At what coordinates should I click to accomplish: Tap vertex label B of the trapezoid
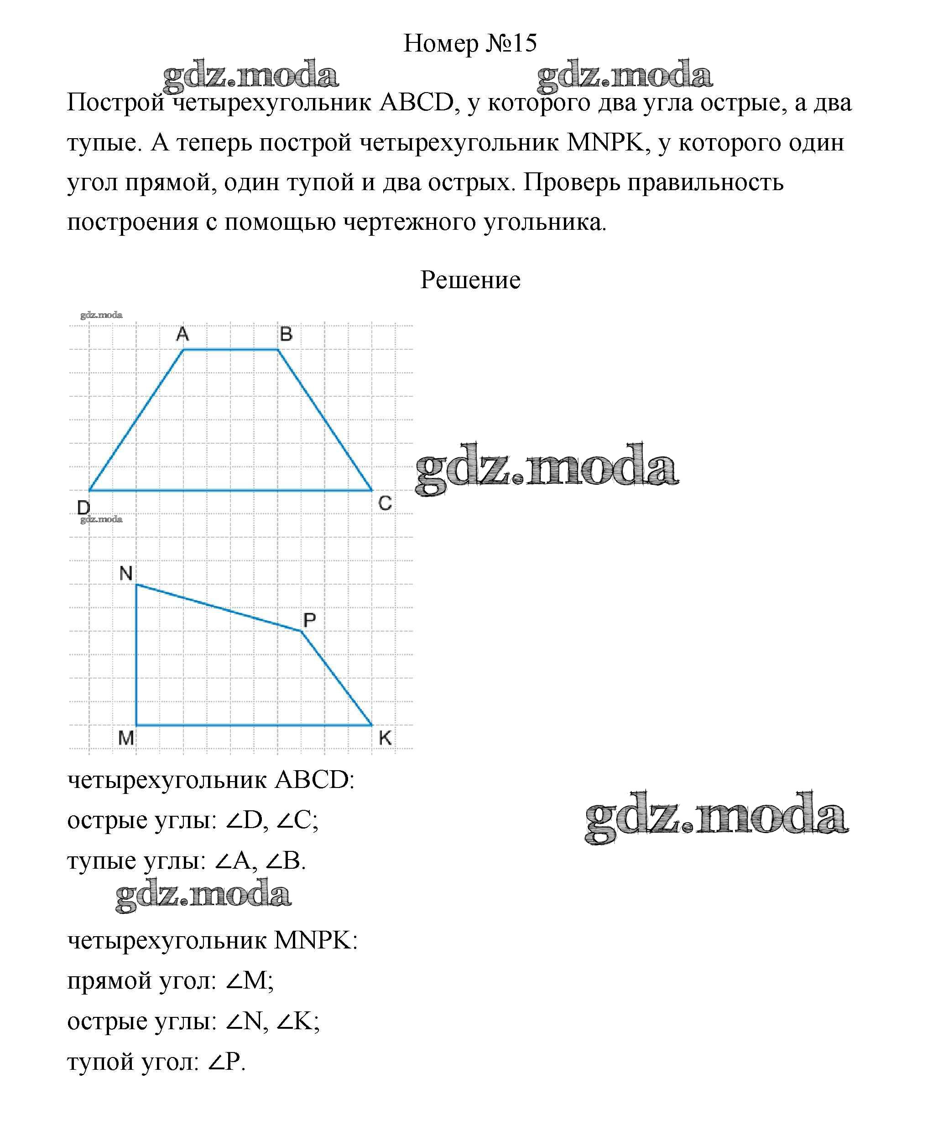click(x=286, y=335)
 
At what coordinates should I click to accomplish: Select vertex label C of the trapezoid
click(x=385, y=503)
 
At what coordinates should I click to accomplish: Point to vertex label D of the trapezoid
click(x=84, y=508)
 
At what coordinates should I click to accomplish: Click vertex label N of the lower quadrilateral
click(x=126, y=573)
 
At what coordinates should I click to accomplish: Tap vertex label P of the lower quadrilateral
click(x=309, y=620)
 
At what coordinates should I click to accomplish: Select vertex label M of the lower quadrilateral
click(x=126, y=737)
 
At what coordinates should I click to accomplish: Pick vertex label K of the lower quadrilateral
click(x=385, y=738)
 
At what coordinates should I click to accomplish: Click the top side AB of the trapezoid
click(x=231, y=350)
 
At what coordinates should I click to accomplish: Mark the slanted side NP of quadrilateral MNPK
click(x=219, y=607)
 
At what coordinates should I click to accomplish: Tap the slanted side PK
click(x=337, y=678)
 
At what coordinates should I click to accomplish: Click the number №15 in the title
click(x=511, y=43)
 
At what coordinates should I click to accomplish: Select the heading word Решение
click(x=470, y=280)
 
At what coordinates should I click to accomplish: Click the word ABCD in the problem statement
click(x=417, y=103)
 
